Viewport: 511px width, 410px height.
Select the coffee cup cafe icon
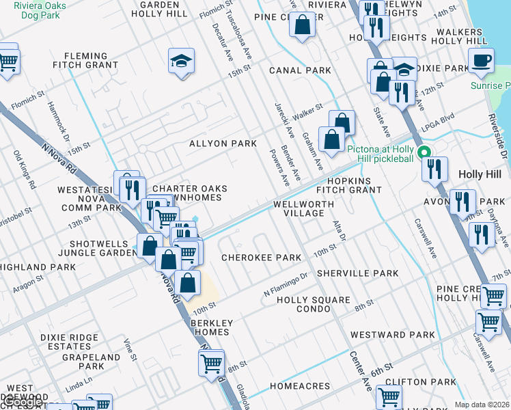pos(482,60)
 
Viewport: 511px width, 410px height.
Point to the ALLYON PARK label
pos(223,143)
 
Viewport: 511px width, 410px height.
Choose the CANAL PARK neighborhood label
pos(300,70)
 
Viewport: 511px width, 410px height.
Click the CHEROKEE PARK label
pos(262,258)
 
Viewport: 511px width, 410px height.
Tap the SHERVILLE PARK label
pos(368,273)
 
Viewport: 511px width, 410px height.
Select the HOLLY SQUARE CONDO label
pos(313,304)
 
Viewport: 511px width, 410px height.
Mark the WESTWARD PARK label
pos(392,335)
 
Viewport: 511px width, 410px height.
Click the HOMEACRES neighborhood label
pos(300,386)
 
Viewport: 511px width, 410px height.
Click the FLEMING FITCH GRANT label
pos(85,61)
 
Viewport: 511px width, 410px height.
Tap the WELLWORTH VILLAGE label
pos(303,208)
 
